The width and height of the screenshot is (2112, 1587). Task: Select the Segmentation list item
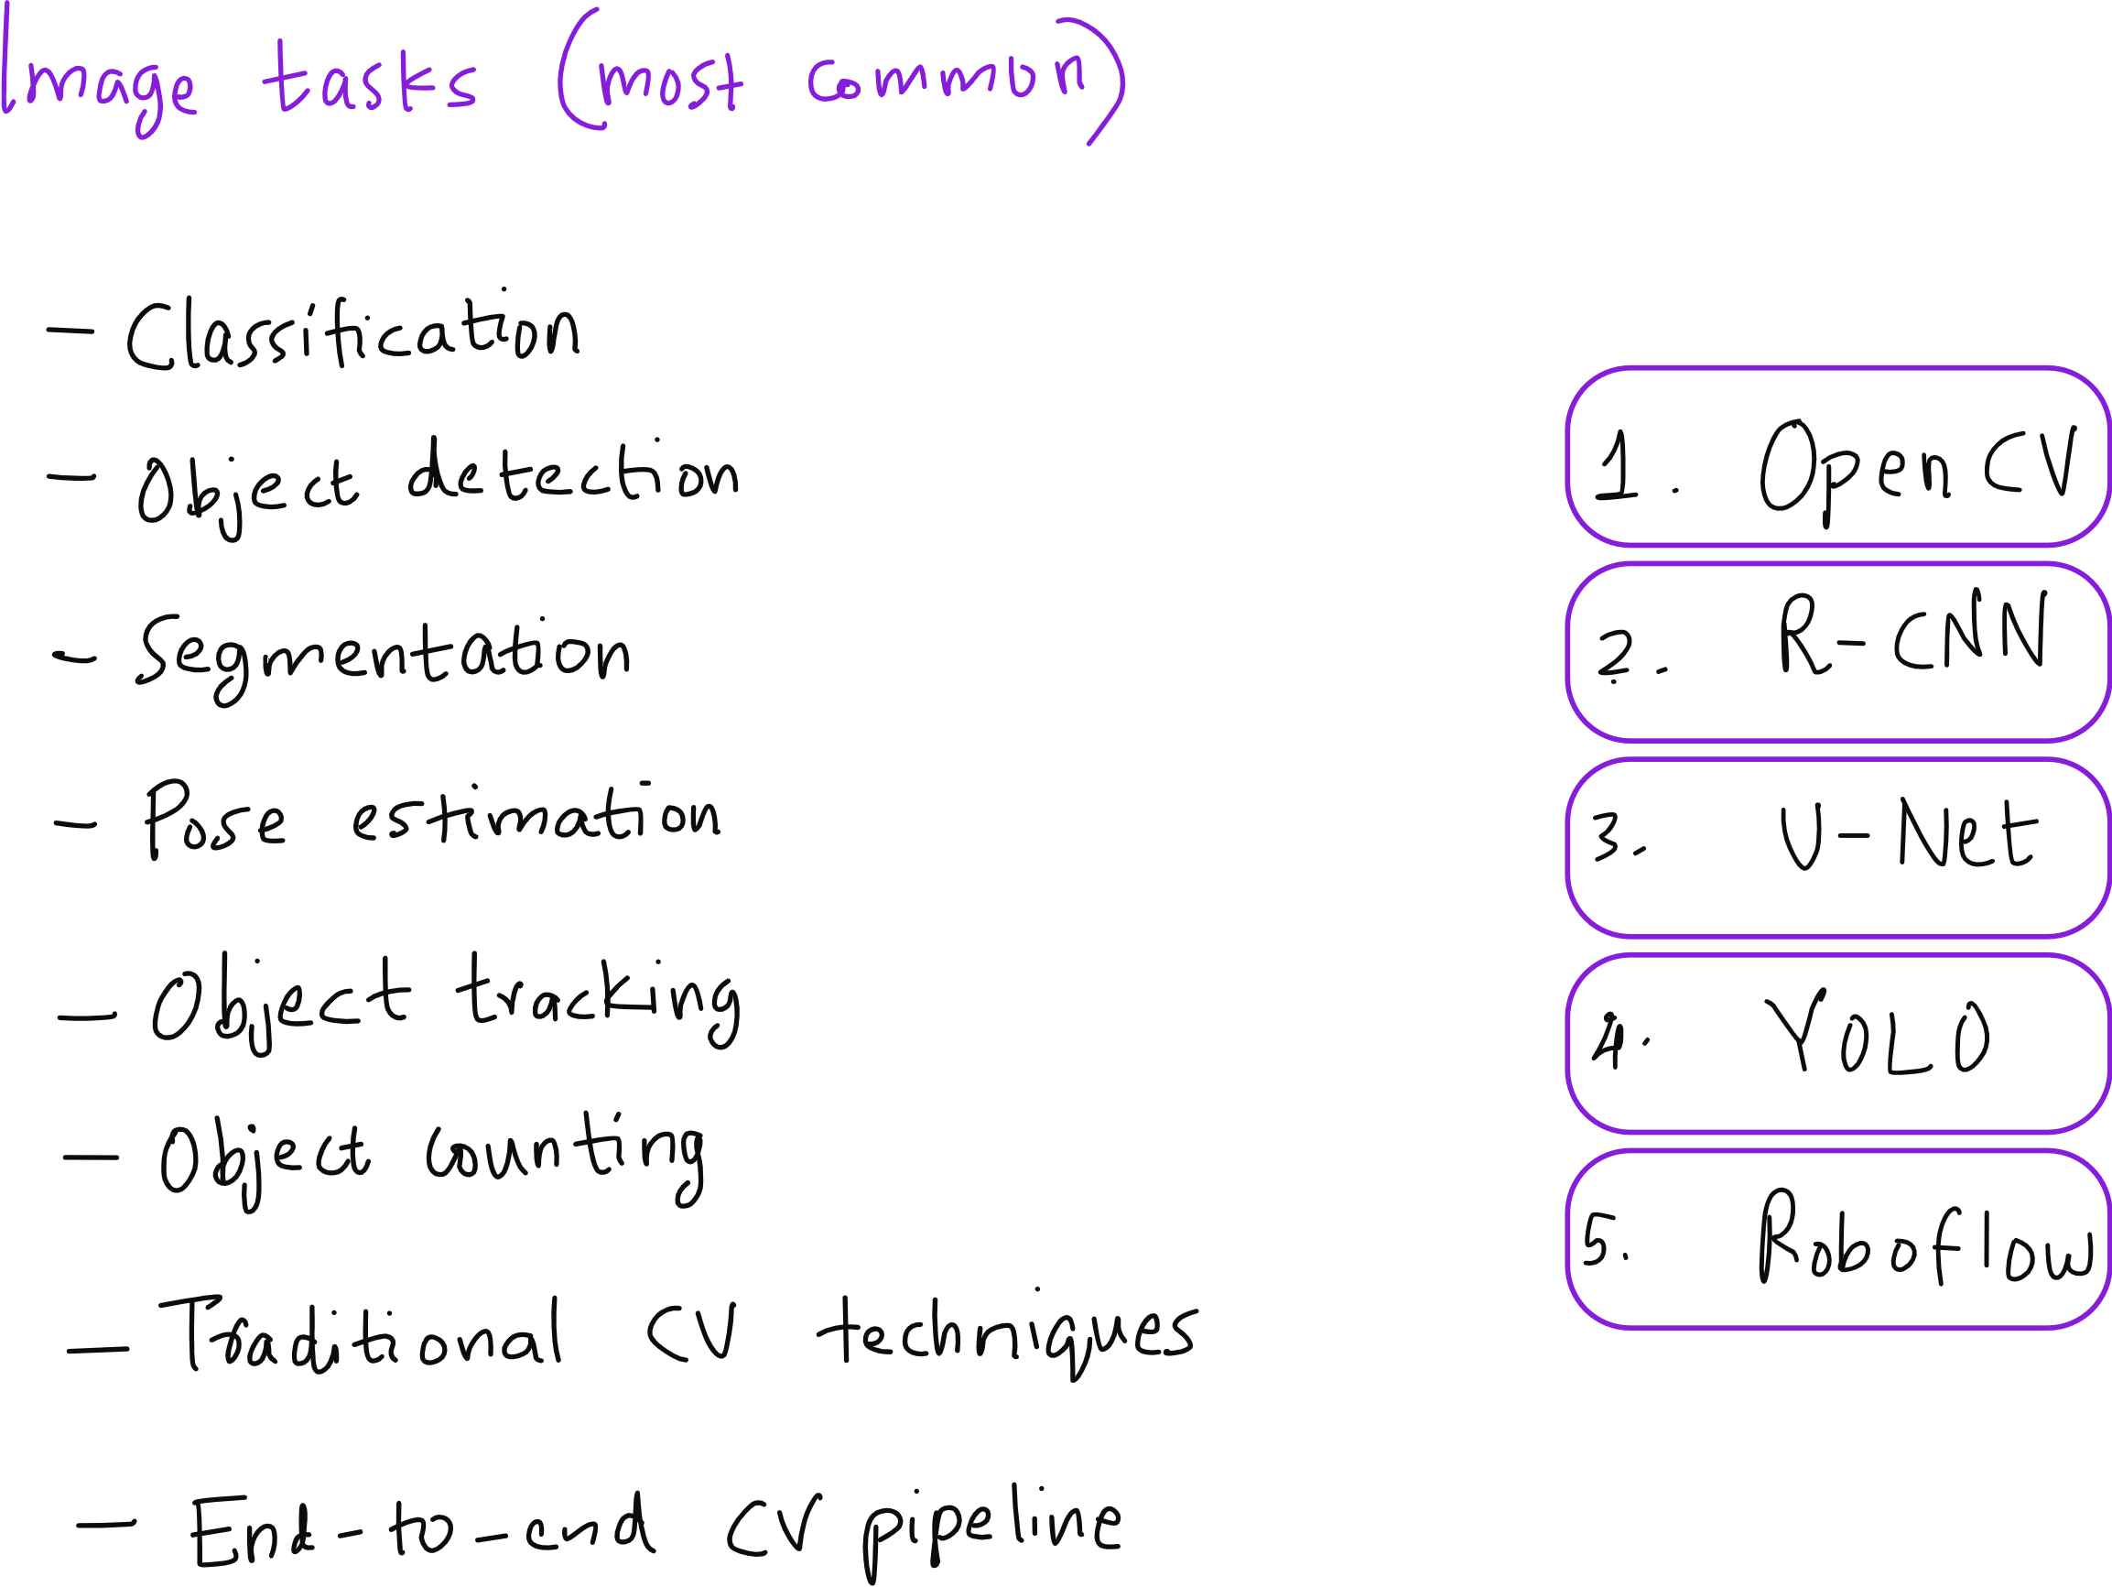point(383,655)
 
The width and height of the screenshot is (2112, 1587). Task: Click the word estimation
point(535,818)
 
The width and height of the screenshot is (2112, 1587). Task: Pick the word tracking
point(598,998)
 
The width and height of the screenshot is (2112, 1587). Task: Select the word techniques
point(1006,1333)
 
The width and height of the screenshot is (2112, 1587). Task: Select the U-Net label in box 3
point(1910,834)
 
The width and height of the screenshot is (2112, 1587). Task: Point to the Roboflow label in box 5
point(1925,1237)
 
